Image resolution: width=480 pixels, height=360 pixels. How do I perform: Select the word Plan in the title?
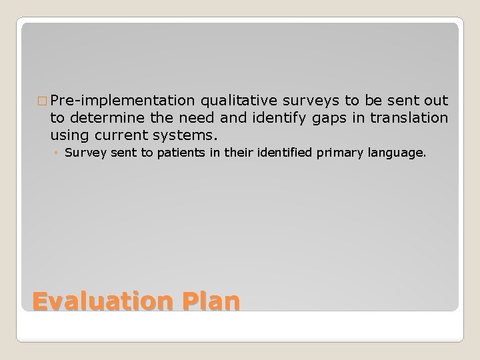(209, 302)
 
